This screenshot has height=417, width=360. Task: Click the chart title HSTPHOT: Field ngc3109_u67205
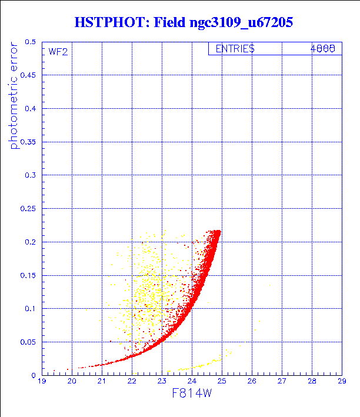tap(183, 22)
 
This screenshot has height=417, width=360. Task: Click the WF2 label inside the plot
tap(58, 51)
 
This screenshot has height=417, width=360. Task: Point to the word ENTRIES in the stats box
tap(235, 49)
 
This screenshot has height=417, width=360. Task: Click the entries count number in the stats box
tap(323, 49)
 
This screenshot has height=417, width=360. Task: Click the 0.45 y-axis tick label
tap(28, 76)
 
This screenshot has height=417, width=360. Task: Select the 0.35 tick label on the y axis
tap(28, 142)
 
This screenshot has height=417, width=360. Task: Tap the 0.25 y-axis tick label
tap(28, 209)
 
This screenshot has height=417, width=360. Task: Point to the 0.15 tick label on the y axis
tap(28, 275)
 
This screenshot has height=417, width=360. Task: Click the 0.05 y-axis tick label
tap(28, 342)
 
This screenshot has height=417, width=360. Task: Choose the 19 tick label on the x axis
tap(42, 381)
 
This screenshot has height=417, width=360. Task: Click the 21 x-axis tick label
tap(102, 381)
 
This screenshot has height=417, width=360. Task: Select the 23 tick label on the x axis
tap(162, 381)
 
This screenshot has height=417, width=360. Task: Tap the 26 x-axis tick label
tap(252, 381)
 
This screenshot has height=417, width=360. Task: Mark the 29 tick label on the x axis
tap(342, 381)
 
